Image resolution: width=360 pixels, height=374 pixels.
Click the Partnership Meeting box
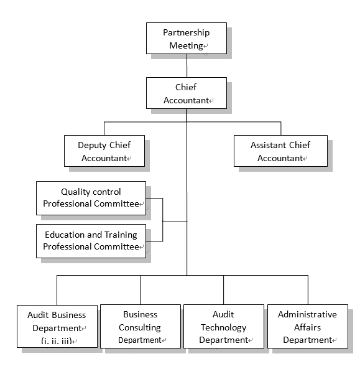point(187,39)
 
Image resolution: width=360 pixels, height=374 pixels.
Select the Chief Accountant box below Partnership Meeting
point(187,93)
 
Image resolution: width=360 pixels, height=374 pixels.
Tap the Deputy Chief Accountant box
point(104,151)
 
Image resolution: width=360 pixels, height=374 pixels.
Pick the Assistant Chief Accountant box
point(280,151)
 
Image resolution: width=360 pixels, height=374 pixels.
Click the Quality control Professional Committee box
point(91,199)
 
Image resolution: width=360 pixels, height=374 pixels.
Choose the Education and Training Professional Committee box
point(91,241)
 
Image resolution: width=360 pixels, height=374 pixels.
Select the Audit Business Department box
point(57,326)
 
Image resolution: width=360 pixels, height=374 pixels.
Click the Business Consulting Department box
point(141,326)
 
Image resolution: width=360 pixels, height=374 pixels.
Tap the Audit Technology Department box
point(224,326)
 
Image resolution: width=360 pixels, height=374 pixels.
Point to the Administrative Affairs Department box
point(308,326)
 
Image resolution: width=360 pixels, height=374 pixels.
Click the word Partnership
point(187,33)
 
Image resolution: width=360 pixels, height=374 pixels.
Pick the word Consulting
point(140,327)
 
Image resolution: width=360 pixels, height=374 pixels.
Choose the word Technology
point(223,327)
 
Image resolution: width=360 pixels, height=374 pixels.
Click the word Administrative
point(307,314)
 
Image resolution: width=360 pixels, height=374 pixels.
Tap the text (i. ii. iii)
point(57,341)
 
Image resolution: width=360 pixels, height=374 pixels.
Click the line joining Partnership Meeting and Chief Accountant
point(187,65)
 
